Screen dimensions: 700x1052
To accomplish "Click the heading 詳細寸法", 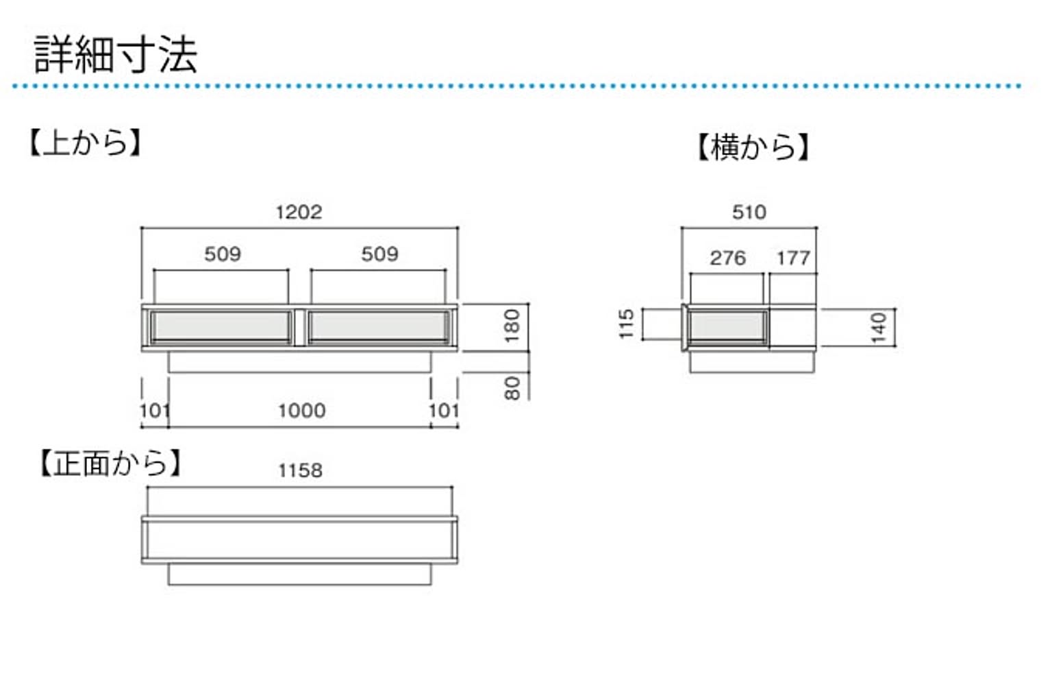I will (x=116, y=54).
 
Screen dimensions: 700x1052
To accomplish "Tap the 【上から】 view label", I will (x=85, y=143).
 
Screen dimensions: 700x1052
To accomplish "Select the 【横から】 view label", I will (x=753, y=147).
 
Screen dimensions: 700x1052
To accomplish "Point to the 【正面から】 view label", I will (x=110, y=463).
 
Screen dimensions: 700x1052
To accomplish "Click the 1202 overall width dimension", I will (x=299, y=212).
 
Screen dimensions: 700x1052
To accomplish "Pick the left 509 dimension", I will (x=223, y=254).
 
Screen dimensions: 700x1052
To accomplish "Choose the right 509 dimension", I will (x=379, y=254).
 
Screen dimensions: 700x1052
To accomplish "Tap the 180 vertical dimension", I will (x=512, y=326).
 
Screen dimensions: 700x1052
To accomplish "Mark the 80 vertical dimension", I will (x=512, y=387).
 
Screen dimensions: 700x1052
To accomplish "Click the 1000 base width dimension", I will (x=301, y=411).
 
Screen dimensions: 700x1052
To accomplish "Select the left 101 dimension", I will (x=154, y=411).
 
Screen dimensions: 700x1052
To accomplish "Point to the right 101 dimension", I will (x=443, y=411).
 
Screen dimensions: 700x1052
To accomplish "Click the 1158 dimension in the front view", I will (x=300, y=470).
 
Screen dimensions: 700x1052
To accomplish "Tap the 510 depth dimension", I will (x=749, y=212).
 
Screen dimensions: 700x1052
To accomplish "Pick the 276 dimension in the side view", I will (x=727, y=258).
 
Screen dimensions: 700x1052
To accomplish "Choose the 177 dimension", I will (x=793, y=258).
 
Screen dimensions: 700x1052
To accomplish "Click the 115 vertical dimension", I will (x=626, y=324).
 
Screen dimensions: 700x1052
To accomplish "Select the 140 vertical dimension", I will (x=879, y=327).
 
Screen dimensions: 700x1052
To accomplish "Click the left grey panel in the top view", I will (x=221, y=326).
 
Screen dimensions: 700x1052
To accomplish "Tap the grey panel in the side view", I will (x=727, y=326).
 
